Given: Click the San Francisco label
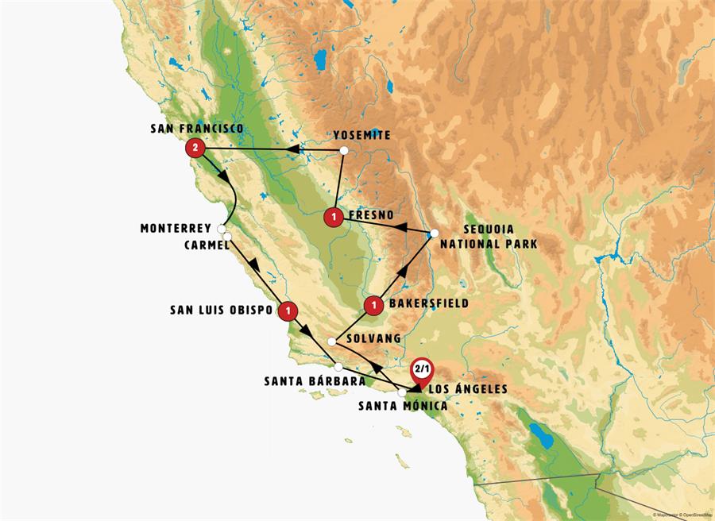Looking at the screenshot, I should click(x=196, y=129).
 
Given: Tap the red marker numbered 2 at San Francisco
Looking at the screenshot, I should click(x=195, y=148).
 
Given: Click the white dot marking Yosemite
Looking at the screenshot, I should click(x=343, y=150).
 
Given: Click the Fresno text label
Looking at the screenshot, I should click(x=372, y=214).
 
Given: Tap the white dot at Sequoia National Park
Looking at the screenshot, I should click(x=434, y=233).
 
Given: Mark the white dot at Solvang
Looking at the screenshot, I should click(x=331, y=341).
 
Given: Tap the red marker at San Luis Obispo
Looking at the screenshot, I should click(x=288, y=311).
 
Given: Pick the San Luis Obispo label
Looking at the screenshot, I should click(x=221, y=309).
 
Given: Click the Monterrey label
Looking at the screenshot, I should click(x=176, y=228).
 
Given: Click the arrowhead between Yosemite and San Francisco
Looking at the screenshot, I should click(x=292, y=149).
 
